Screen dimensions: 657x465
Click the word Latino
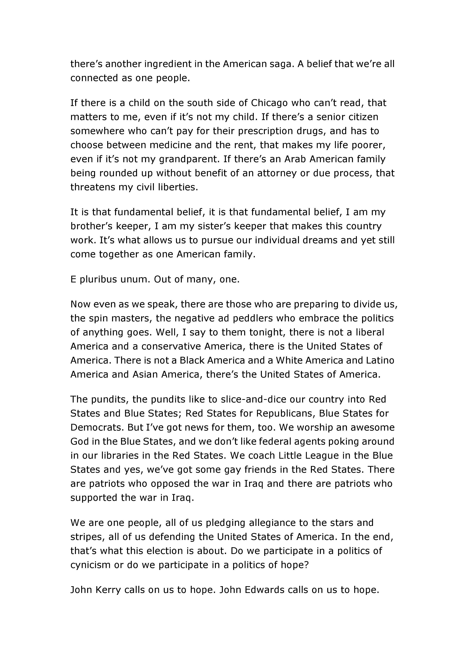click(380, 360)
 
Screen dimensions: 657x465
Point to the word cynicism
click(90, 565)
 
